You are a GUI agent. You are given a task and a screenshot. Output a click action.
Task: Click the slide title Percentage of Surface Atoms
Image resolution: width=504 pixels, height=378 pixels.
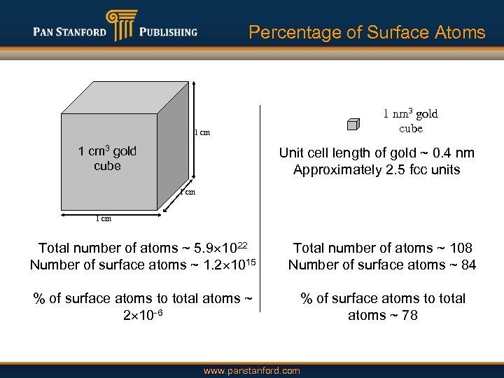367,32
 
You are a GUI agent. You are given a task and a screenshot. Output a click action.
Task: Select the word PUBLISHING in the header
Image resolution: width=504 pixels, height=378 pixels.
168,32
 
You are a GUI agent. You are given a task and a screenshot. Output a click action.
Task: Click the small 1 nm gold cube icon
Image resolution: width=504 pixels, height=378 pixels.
353,125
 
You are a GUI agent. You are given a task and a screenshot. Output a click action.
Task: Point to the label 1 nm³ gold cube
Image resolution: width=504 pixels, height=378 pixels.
410,120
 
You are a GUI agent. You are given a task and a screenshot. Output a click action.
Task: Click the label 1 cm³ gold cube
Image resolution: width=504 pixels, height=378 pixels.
107,158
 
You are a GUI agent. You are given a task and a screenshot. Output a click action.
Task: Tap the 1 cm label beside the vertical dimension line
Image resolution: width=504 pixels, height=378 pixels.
202,132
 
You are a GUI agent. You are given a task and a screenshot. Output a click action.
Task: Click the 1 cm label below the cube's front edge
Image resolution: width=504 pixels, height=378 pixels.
103,218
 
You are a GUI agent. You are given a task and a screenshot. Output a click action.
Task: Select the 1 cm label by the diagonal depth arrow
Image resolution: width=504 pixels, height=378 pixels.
187,192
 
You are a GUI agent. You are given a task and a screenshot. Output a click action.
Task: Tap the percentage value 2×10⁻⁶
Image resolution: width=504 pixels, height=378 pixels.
143,315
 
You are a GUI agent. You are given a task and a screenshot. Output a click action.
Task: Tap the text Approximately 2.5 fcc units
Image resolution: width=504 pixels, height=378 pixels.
377,169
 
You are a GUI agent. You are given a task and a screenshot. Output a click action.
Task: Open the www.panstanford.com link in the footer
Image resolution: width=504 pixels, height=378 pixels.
252,371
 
